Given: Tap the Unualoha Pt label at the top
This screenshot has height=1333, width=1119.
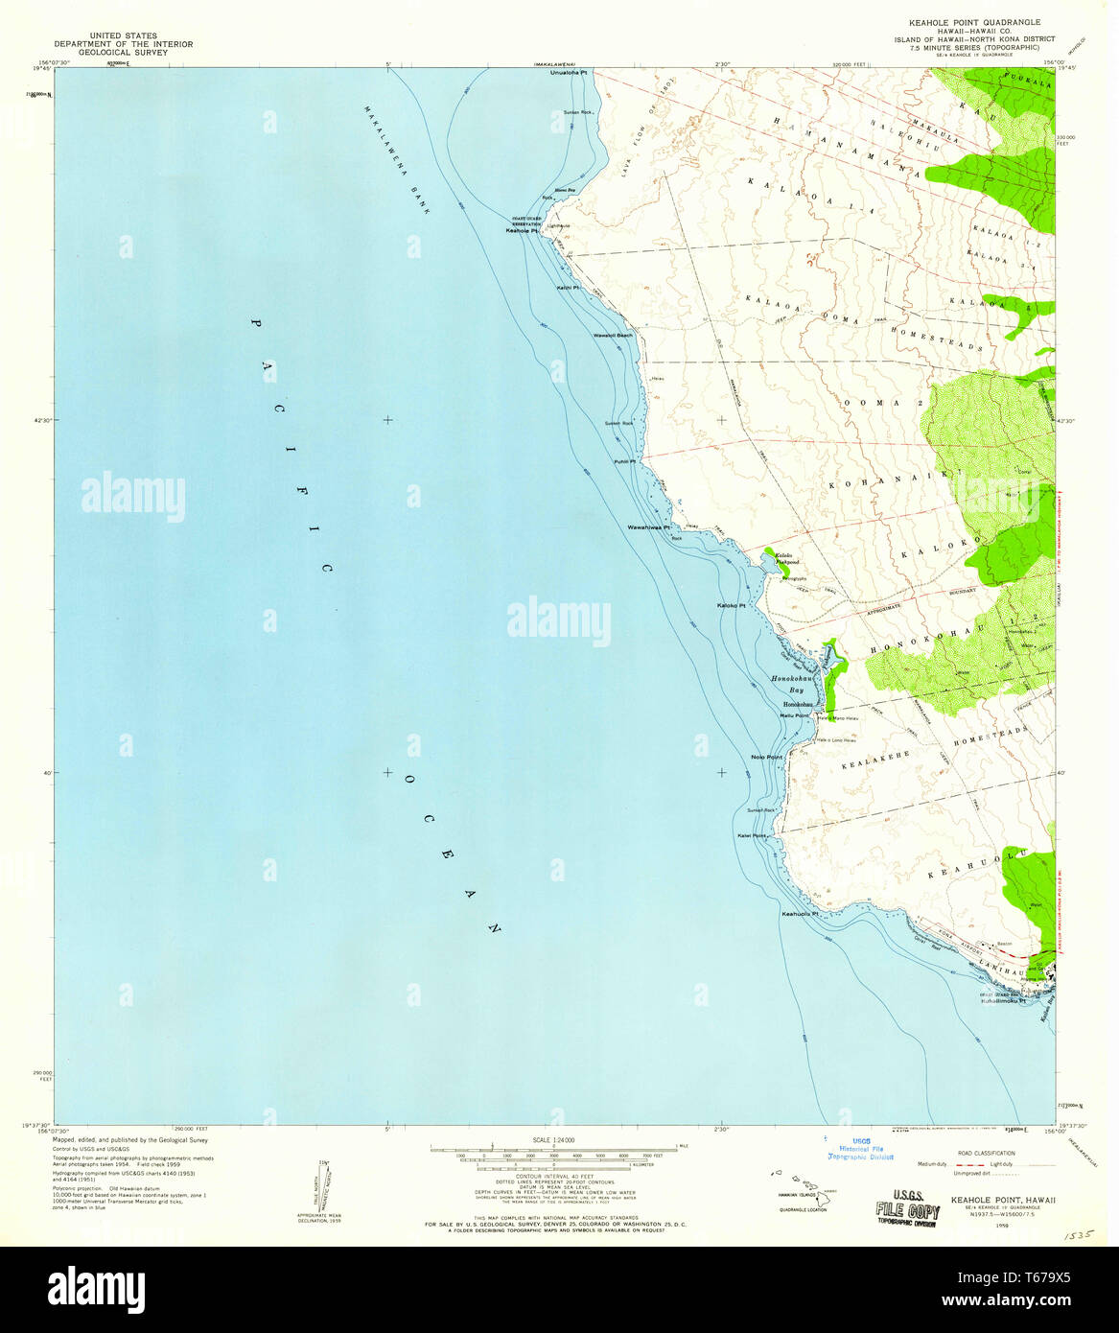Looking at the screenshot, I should pyautogui.click(x=569, y=73).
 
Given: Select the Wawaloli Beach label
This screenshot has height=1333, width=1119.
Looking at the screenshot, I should pyautogui.click(x=614, y=336).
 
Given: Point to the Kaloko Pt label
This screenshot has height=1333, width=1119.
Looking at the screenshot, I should pyautogui.click(x=732, y=606).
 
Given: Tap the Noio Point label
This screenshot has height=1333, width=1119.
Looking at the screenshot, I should pyautogui.click(x=767, y=758).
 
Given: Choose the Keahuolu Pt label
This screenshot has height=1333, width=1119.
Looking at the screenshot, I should pyautogui.click(x=801, y=914).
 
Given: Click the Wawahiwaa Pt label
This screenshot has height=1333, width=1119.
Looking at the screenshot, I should pyautogui.click(x=648, y=527).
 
